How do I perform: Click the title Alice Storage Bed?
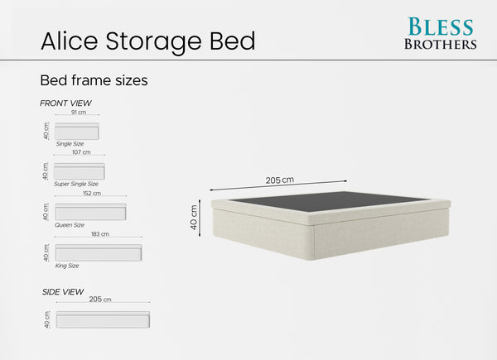(148, 40)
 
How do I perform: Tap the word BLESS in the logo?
(440, 26)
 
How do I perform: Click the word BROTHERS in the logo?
(440, 44)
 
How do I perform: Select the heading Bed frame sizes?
(94, 81)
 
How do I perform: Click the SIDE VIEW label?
(63, 291)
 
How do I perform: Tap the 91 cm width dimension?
(79, 112)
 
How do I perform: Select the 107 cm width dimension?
(81, 152)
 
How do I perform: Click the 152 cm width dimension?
(91, 194)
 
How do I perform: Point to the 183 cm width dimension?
(99, 234)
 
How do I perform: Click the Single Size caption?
(70, 144)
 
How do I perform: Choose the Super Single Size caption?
(76, 184)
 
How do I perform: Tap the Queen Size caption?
(70, 225)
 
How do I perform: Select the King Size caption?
(67, 266)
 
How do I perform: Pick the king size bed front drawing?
(98, 252)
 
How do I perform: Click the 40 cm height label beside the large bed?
(195, 217)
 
